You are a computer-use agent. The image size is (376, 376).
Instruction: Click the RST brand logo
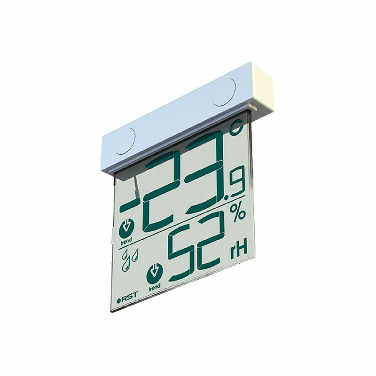pyautogui.click(x=126, y=295)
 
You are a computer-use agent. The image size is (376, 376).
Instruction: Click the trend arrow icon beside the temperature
pyautogui.click(x=127, y=227)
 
